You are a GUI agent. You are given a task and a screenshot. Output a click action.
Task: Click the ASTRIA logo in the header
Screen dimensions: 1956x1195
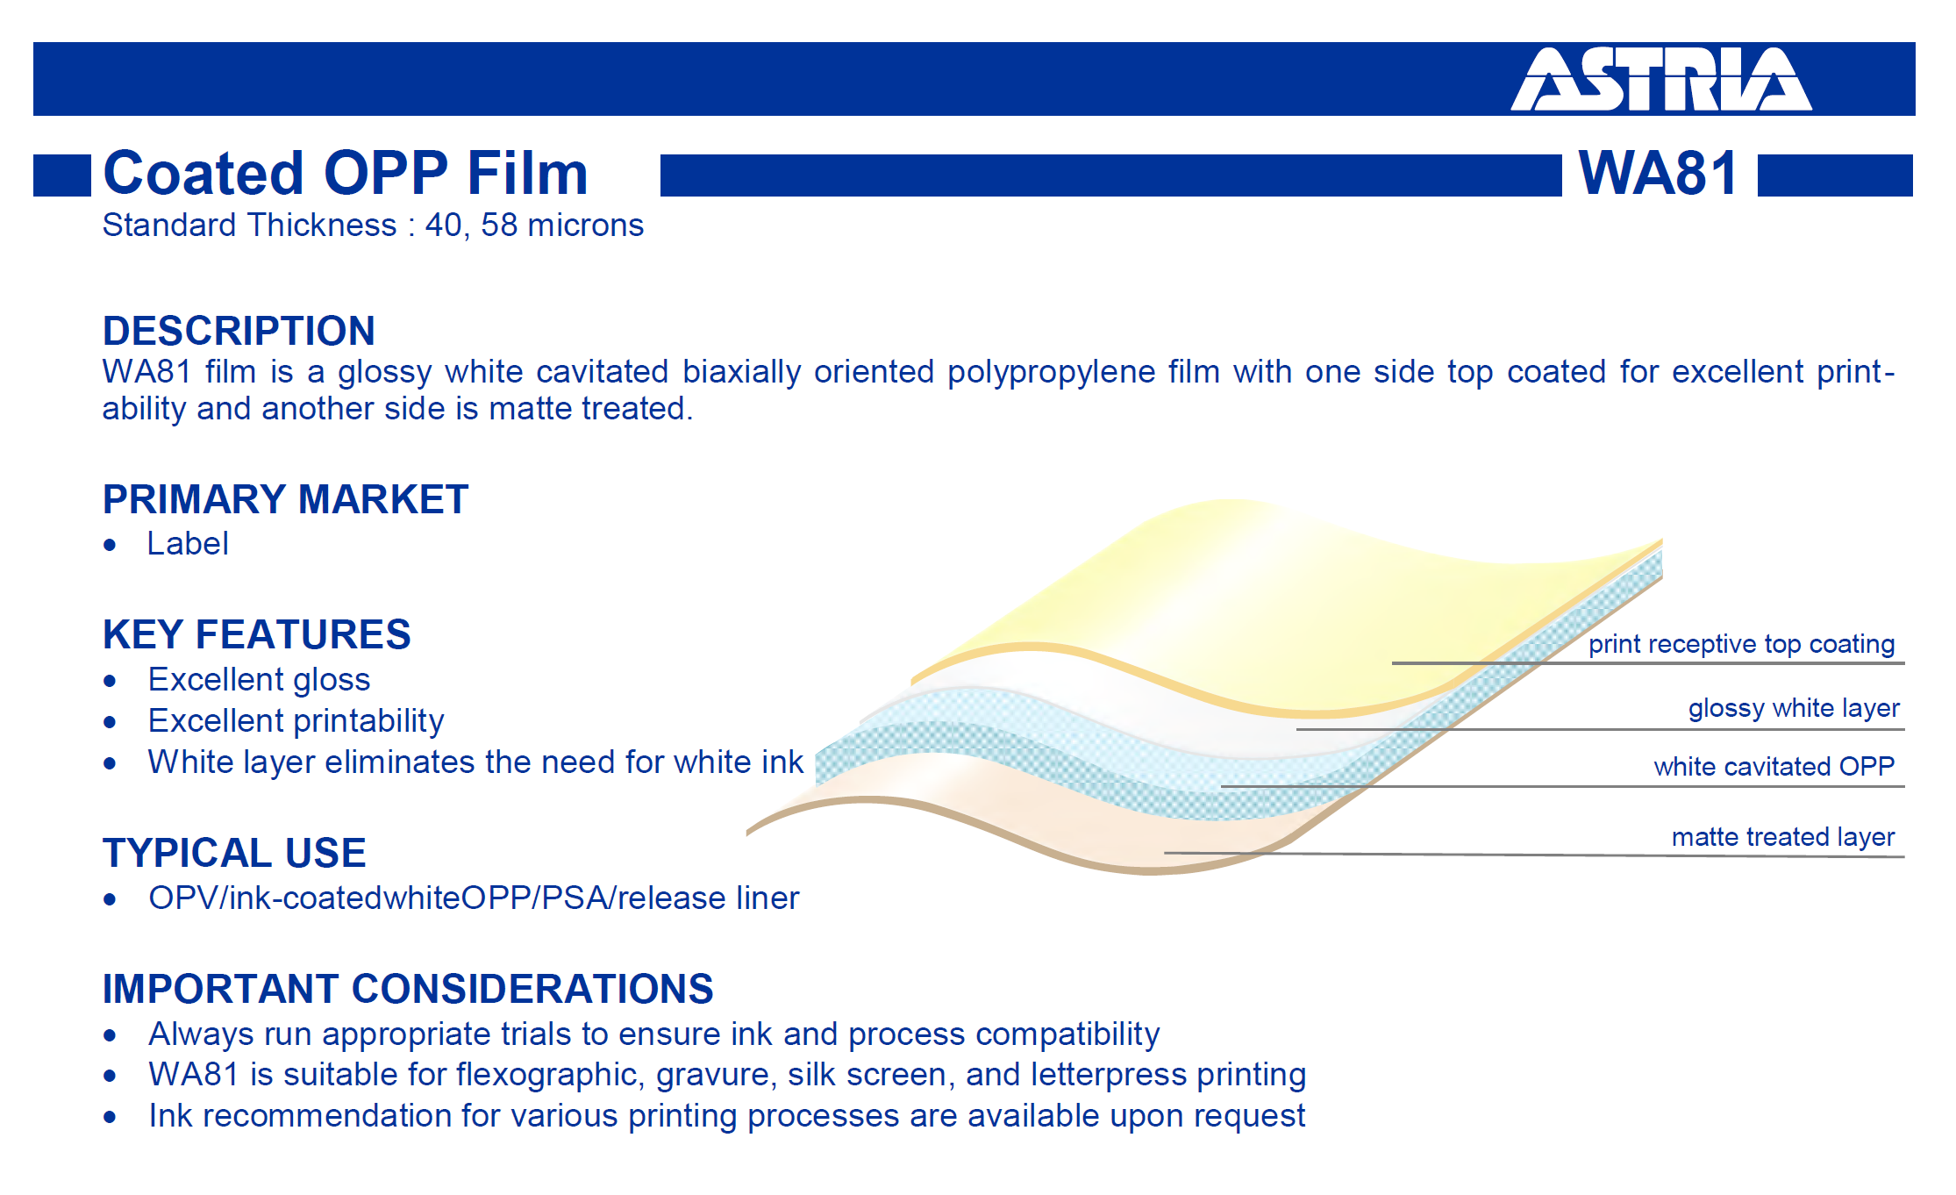coord(1660,79)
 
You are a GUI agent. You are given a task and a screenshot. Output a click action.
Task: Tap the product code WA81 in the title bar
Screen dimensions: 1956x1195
coord(1658,173)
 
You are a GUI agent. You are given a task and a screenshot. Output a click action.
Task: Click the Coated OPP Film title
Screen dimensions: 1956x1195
coord(346,173)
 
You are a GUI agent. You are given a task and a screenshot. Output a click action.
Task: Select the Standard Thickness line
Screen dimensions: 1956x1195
coord(373,225)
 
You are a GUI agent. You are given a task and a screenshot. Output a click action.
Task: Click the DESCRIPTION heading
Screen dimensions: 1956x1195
coord(239,331)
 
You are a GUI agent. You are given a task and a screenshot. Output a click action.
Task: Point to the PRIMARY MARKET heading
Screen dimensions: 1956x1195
coord(285,499)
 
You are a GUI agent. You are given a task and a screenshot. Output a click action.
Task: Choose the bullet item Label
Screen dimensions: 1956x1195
coord(188,544)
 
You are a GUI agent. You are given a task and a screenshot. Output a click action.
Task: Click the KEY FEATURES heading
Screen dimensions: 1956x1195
coord(256,634)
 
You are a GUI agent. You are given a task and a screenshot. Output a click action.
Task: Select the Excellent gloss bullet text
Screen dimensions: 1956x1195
coord(259,680)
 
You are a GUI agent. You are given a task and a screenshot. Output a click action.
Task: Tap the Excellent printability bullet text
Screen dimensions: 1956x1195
coord(296,721)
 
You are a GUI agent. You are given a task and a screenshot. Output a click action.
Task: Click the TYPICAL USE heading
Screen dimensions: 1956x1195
coord(234,853)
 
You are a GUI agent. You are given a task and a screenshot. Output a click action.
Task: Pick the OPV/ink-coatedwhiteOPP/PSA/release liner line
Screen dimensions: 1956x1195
coord(474,898)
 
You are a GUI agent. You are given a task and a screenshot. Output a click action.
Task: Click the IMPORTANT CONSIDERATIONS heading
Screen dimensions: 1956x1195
coord(408,989)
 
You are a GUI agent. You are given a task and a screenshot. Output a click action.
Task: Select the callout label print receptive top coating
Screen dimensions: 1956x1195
coord(1741,644)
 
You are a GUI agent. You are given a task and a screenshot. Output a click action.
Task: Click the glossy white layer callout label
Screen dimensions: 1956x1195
coord(1794,708)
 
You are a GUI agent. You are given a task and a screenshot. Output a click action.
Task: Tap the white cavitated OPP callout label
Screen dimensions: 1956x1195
coord(1774,767)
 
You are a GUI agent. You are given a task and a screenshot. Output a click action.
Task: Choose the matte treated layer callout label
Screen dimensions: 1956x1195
coord(1783,837)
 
